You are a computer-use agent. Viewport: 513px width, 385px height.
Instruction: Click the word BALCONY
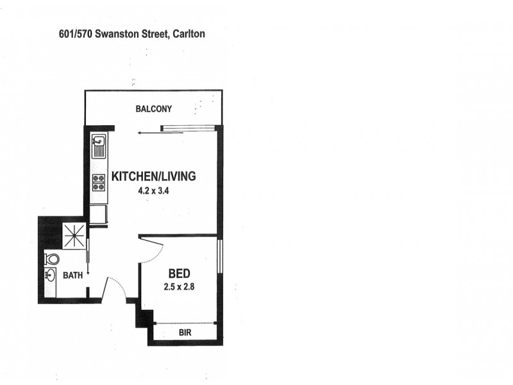click(x=153, y=109)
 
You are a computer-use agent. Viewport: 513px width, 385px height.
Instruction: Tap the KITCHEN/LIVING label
click(x=153, y=176)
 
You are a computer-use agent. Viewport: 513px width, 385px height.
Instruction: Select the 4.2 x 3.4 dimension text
click(x=153, y=190)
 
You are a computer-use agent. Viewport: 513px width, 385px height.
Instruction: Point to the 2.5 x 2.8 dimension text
click(x=178, y=287)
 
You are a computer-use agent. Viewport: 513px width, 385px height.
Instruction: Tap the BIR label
click(x=185, y=334)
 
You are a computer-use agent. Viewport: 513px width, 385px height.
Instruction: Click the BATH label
click(x=72, y=276)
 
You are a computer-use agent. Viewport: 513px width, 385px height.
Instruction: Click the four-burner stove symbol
click(x=98, y=183)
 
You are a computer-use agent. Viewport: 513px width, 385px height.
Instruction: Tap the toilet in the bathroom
click(x=51, y=259)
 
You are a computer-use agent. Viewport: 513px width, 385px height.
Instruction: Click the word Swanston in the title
click(x=115, y=33)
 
